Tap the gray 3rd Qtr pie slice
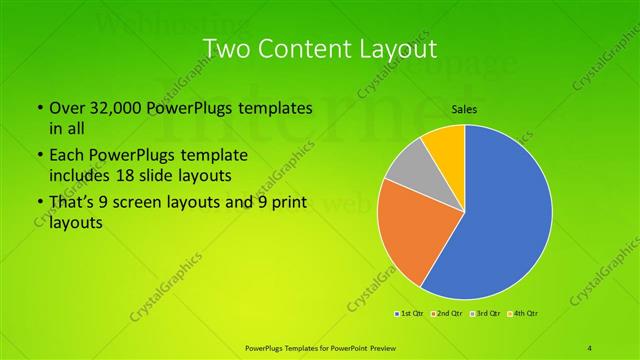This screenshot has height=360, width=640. pos(408,166)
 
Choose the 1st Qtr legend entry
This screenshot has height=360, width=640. pos(410,314)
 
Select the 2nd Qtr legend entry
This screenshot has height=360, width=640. pos(447,314)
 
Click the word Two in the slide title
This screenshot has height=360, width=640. pos(227,48)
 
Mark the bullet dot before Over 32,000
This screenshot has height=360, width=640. pos(38,108)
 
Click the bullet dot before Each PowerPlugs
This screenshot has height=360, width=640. pos(38,156)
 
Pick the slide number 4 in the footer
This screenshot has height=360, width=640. pos(590,347)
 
